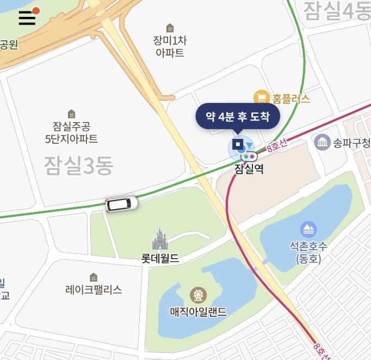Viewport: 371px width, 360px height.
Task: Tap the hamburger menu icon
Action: tap(27, 18)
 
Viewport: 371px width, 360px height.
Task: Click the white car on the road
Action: tap(122, 204)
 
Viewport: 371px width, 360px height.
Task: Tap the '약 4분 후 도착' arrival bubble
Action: tap(238, 116)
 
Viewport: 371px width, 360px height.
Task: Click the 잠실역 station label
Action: tap(249, 169)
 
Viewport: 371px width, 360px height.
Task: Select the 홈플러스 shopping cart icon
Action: tap(262, 98)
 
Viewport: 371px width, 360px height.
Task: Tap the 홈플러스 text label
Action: tap(291, 99)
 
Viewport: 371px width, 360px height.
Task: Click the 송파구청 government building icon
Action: tap(323, 143)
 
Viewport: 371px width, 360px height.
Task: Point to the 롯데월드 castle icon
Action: tap(160, 239)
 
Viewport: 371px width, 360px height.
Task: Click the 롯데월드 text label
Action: tap(160, 258)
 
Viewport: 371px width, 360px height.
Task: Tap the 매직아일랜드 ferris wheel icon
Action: tap(198, 296)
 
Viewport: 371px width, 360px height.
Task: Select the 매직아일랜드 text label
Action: tap(198, 312)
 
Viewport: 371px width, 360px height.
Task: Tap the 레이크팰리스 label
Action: tap(94, 290)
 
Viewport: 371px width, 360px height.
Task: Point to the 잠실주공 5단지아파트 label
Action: tap(71, 133)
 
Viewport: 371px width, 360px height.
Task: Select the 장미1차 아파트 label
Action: tap(170, 46)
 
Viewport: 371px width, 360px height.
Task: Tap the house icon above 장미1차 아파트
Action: tap(170, 28)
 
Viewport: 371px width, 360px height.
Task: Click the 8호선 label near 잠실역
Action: tap(277, 146)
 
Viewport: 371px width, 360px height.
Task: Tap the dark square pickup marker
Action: tap(238, 144)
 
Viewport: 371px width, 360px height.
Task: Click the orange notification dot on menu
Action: tap(36, 10)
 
